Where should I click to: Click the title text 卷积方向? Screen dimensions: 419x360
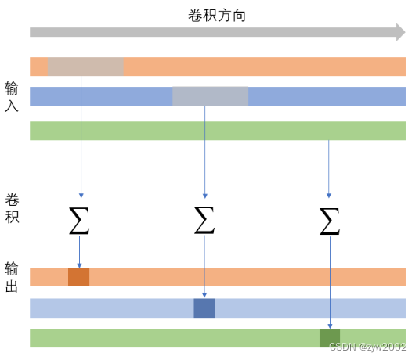(x=217, y=16)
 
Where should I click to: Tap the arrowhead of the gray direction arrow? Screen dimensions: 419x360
(x=400, y=32)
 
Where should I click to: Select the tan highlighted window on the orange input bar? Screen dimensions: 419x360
(x=85, y=67)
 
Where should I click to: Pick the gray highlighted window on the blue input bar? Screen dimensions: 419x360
(x=211, y=96)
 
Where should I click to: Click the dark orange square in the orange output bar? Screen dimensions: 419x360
(x=78, y=277)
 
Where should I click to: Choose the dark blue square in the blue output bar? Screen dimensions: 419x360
(x=204, y=308)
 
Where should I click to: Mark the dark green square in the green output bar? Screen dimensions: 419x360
(x=330, y=338)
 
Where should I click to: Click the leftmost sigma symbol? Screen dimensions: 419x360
(x=79, y=221)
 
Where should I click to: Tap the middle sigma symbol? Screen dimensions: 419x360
(x=204, y=221)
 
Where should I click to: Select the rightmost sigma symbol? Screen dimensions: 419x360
(x=330, y=221)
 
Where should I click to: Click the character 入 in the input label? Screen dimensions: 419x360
(x=12, y=106)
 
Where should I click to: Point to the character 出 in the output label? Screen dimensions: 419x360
(x=12, y=286)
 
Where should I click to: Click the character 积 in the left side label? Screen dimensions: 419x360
(x=12, y=217)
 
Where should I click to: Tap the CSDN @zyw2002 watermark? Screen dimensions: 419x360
(x=368, y=347)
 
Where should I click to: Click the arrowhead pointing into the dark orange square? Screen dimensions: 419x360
(x=79, y=265)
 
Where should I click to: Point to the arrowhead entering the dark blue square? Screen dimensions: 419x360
(x=204, y=295)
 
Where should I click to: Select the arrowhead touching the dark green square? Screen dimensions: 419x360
(x=330, y=326)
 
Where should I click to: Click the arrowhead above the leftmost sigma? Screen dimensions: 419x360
(x=81, y=196)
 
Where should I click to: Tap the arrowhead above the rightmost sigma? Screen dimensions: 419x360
(x=329, y=196)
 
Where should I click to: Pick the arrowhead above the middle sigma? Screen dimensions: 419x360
(x=205, y=196)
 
